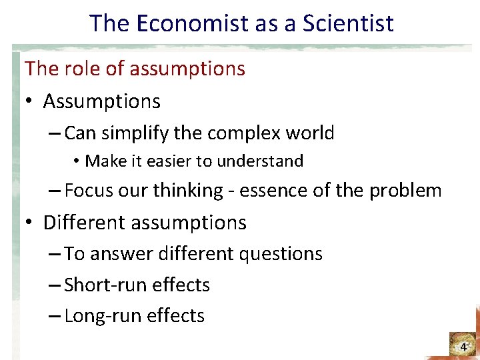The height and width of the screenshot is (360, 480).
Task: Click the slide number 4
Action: (463, 347)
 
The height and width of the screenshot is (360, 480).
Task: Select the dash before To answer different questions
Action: (56, 254)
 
